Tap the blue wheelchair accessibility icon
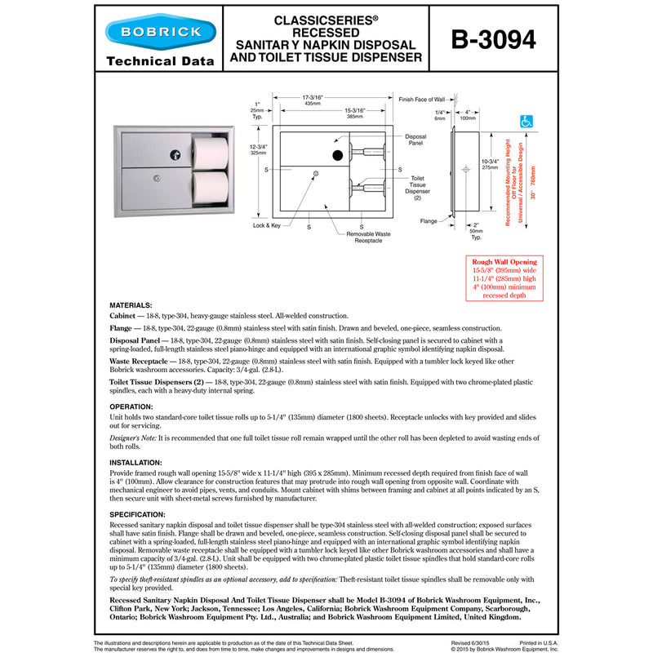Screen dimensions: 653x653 coord(526,122)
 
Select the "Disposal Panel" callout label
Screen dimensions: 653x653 coord(416,140)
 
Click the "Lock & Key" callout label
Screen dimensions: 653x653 coord(267,224)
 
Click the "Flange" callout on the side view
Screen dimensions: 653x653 coord(429,220)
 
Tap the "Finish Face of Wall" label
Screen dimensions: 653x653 coord(421,99)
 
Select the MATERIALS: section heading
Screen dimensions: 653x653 coord(131,304)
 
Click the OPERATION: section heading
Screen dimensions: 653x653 coord(131,406)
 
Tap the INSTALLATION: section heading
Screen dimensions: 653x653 coord(136,461)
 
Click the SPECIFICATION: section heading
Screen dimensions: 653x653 coord(138,514)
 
